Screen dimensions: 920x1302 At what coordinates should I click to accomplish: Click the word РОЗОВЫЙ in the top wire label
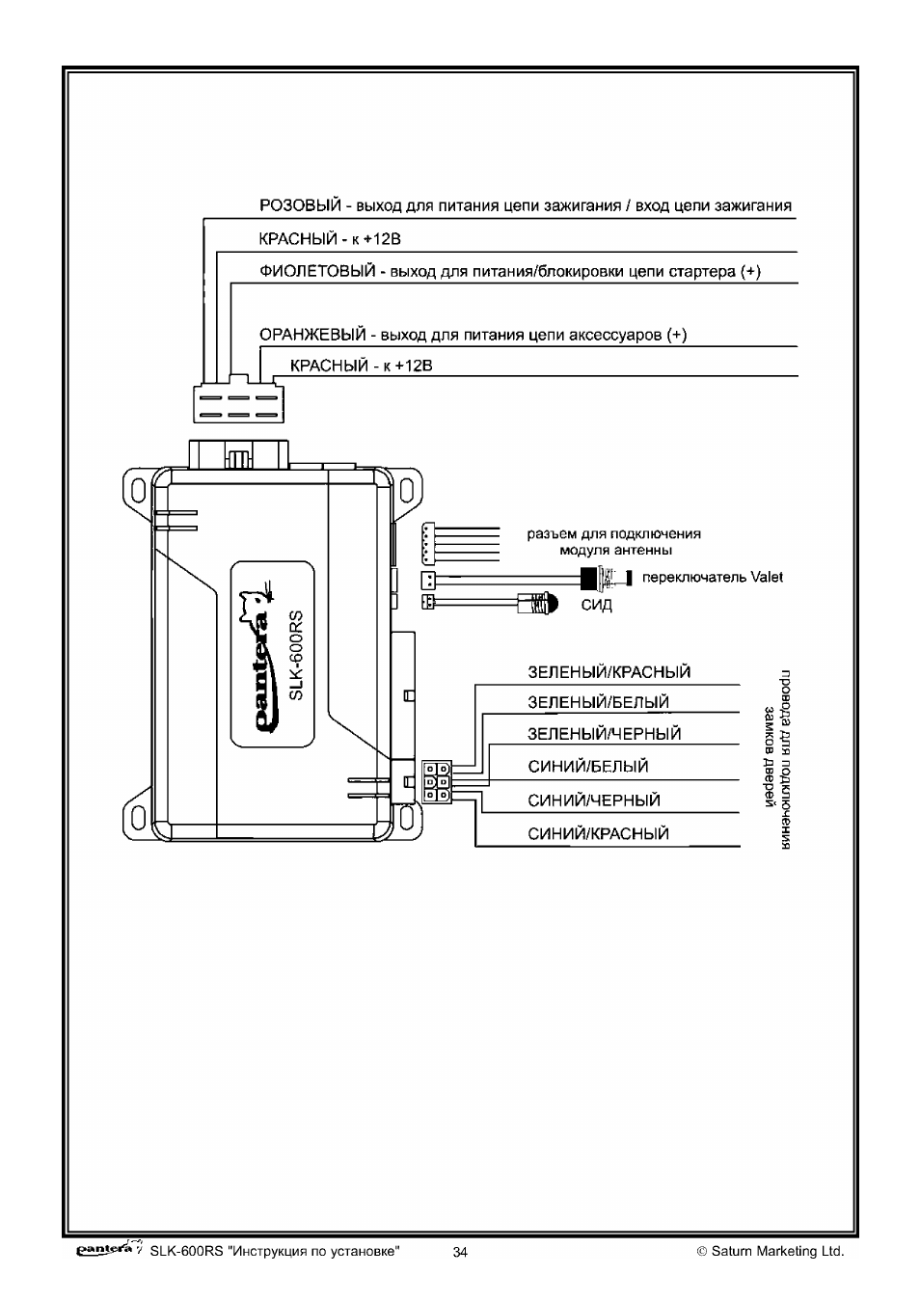pyautogui.click(x=300, y=205)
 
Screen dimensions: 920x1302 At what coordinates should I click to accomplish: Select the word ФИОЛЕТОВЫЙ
pyautogui.click(x=317, y=271)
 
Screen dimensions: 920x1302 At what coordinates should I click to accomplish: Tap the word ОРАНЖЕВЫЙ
pyautogui.click(x=312, y=335)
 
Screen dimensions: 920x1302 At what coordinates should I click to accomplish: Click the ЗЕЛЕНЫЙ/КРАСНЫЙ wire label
pyautogui.click(x=609, y=672)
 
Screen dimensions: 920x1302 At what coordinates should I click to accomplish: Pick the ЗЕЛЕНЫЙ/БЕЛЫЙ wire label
pyautogui.click(x=599, y=702)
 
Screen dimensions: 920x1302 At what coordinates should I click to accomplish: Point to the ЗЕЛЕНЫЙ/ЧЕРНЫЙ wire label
pyautogui.click(x=605, y=734)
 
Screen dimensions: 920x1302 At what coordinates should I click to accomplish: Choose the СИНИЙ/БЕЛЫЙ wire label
pyautogui.click(x=588, y=767)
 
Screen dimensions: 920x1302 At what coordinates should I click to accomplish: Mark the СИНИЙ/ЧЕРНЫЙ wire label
pyautogui.click(x=594, y=800)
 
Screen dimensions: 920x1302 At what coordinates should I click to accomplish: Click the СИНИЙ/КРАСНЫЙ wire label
pyautogui.click(x=599, y=834)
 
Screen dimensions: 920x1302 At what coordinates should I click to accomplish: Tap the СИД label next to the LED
pyautogui.click(x=596, y=605)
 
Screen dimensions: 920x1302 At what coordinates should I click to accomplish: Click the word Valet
pyautogui.click(x=767, y=577)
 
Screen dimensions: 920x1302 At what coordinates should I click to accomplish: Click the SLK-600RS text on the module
pyautogui.click(x=296, y=655)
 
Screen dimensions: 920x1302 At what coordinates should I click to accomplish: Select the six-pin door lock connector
pyautogui.click(x=437, y=782)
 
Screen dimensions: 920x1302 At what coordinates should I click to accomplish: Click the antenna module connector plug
pyautogui.click(x=428, y=544)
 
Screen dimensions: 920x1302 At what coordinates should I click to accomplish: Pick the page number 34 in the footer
pyautogui.click(x=460, y=1252)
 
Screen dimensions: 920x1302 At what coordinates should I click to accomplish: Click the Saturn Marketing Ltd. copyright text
pyautogui.click(x=771, y=1251)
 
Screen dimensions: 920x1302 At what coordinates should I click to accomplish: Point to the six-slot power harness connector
pyautogui.click(x=238, y=401)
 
